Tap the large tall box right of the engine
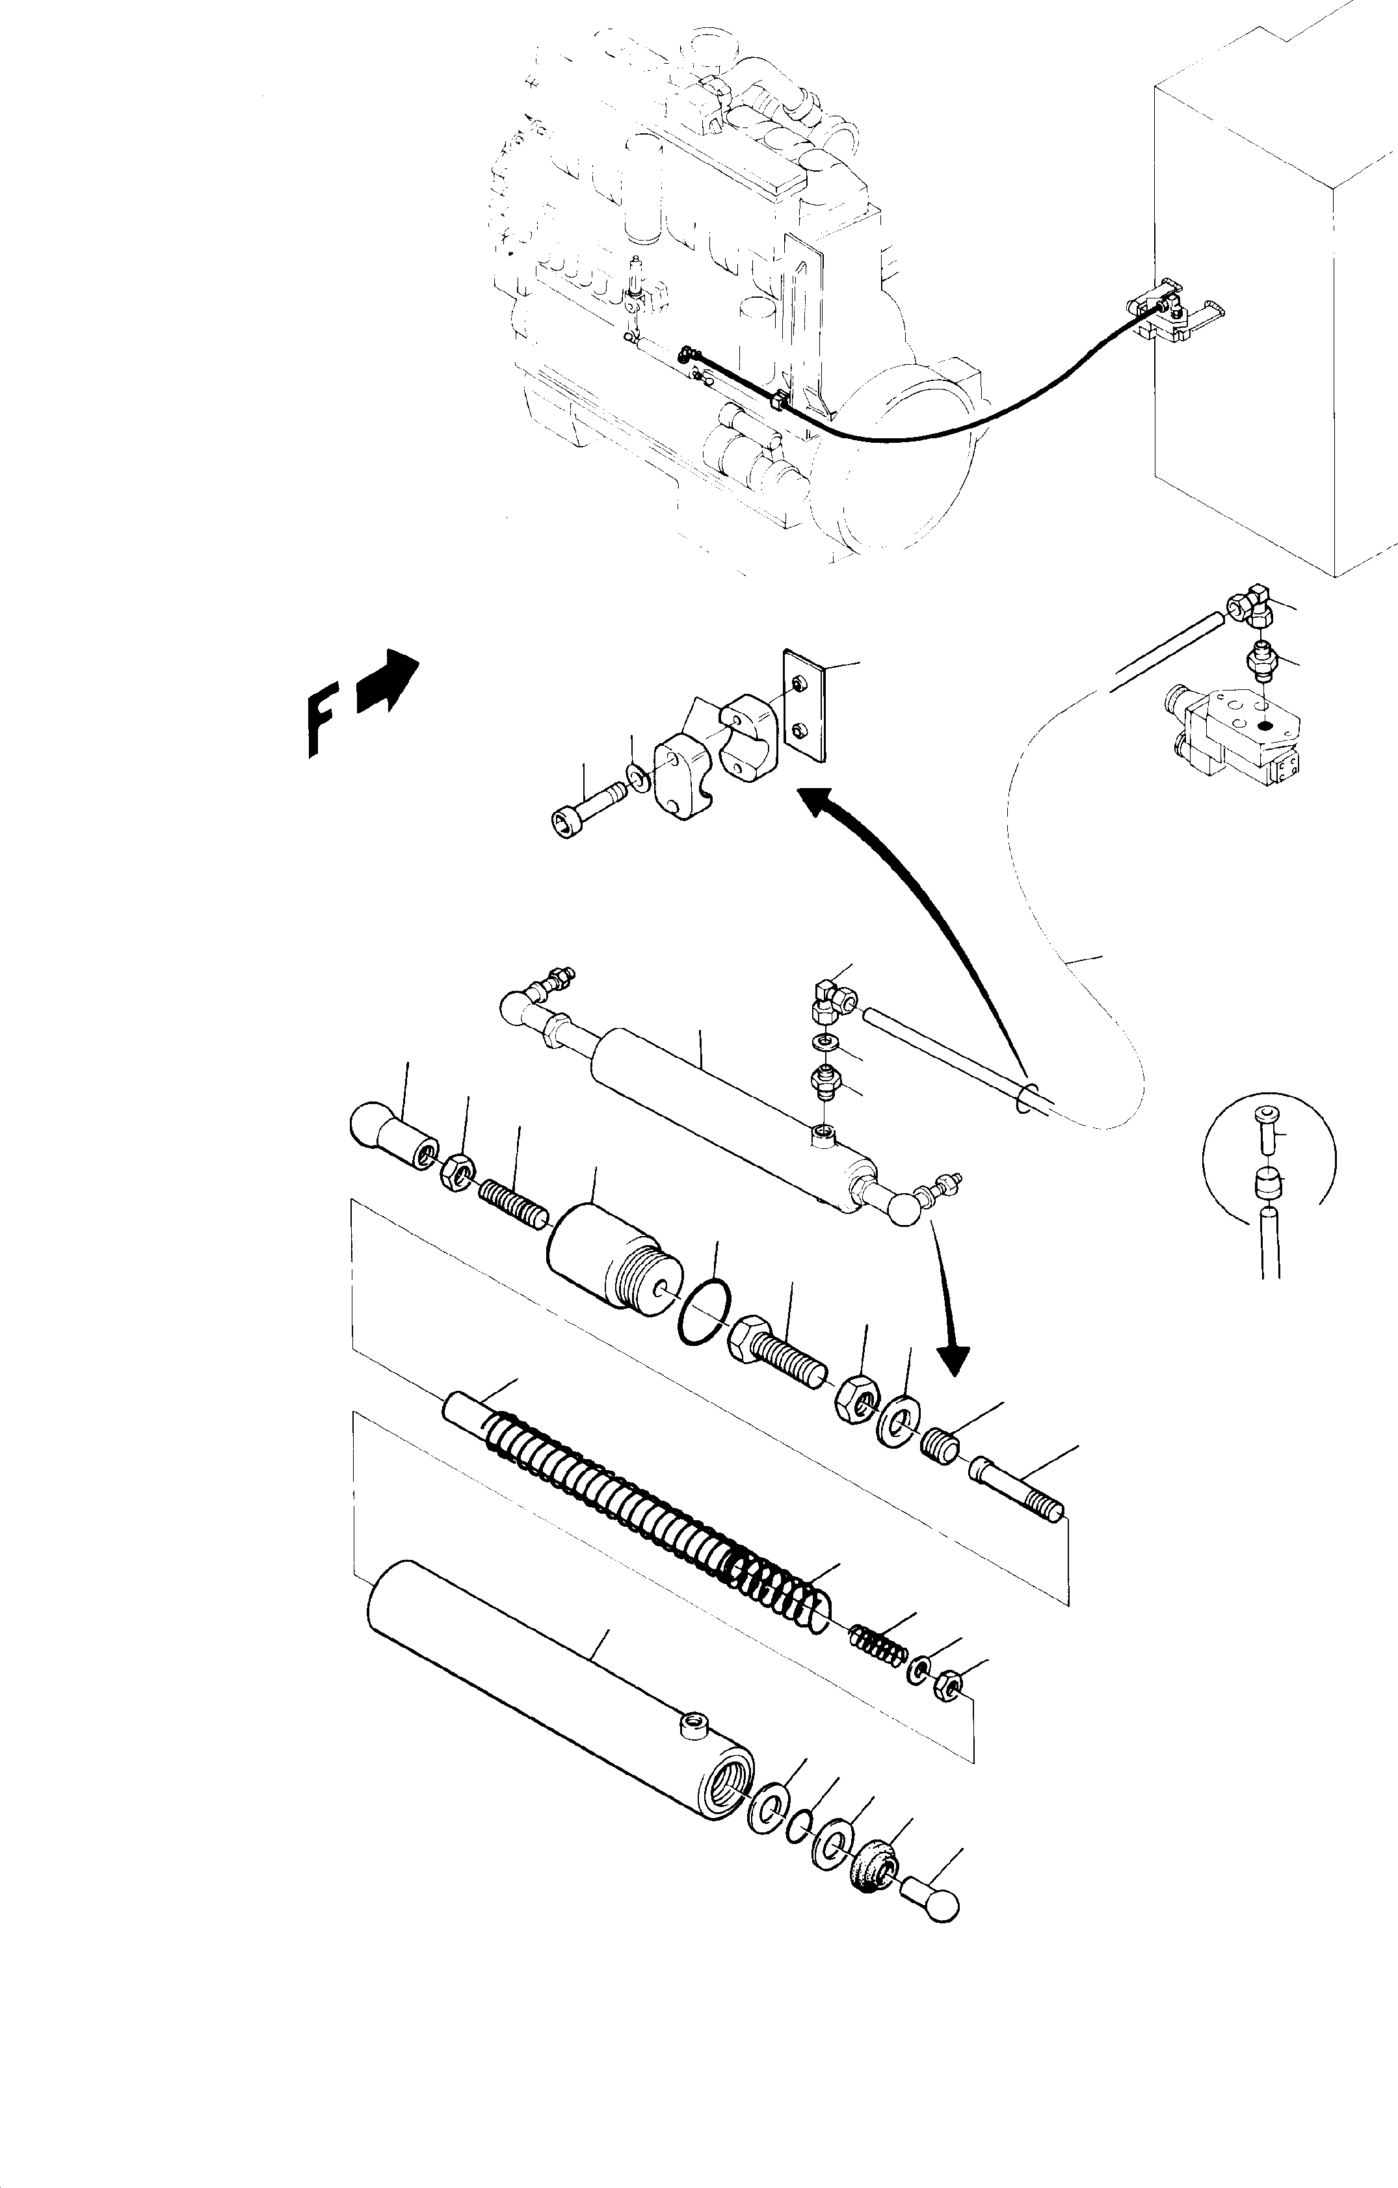[1272, 318]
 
